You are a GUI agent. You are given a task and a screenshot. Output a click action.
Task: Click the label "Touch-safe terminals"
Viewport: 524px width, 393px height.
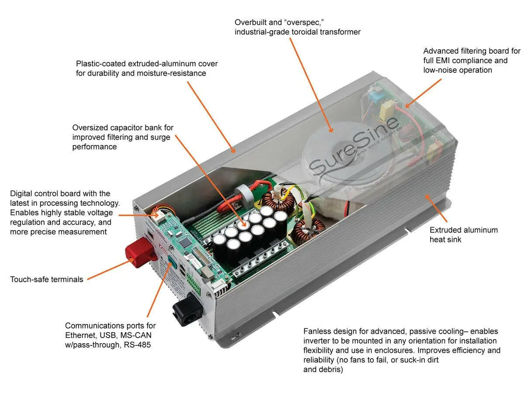47,279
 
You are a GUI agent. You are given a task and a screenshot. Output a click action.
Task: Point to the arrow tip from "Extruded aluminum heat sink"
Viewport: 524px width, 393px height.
426,196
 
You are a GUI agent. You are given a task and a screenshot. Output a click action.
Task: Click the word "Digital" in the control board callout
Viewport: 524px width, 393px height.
22,193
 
